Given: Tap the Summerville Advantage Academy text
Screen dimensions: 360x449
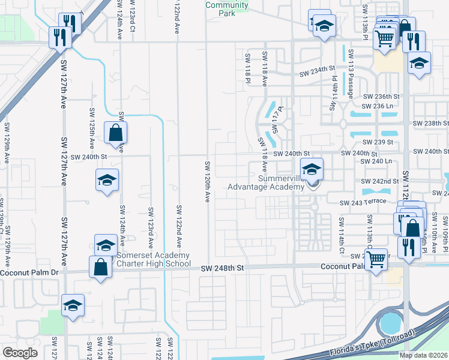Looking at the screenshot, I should pos(266,182).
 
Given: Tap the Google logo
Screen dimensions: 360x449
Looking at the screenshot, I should pos(20,352).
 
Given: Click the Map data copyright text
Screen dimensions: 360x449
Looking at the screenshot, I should pos(424,355).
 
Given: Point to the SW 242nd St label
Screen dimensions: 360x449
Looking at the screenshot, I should pos(381,181).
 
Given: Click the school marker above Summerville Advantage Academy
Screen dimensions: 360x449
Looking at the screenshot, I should pos(312,169).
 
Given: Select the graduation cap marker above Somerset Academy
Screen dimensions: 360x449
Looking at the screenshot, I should pos(106,245).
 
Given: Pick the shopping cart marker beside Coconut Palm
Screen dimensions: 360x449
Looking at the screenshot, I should pos(376,260).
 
